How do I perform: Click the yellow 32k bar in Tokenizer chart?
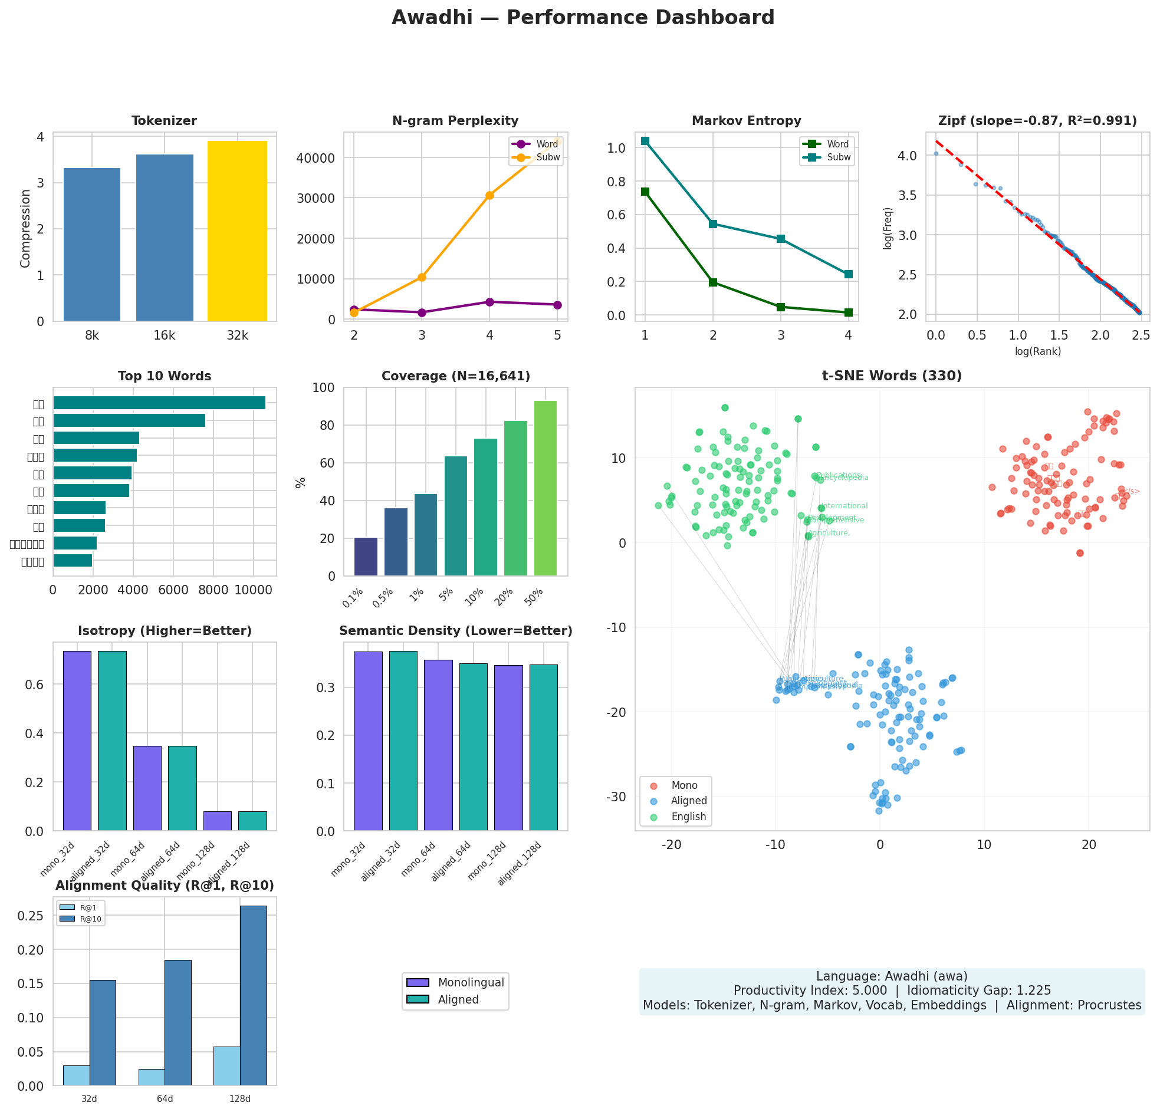coord(236,231)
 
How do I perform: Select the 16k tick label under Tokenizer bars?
coord(165,335)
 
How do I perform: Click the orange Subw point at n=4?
coord(489,195)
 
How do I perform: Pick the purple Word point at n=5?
coord(557,305)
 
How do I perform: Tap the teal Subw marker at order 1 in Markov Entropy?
coord(645,141)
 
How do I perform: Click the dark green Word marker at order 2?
coord(712,282)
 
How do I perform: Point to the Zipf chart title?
coord(1037,121)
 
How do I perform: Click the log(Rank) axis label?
coord(1037,351)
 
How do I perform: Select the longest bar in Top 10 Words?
coord(159,403)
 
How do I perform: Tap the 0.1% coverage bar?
coord(366,557)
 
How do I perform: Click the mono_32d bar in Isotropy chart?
coord(77,741)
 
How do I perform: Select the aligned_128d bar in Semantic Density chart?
coord(543,748)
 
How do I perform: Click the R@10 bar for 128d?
coord(254,995)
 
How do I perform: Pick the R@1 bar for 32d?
coord(76,1075)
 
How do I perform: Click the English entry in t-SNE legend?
coord(688,817)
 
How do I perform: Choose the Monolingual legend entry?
coord(471,983)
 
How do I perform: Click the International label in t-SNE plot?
coord(844,506)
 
